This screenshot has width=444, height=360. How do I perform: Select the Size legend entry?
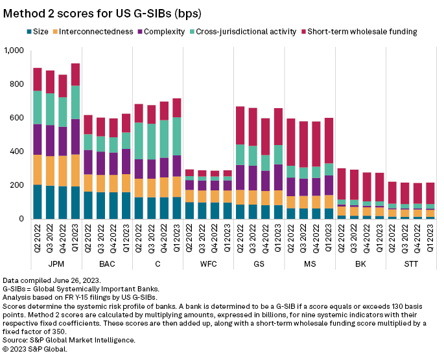click(x=40, y=32)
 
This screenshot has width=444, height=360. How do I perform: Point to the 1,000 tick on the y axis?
click(x=13, y=51)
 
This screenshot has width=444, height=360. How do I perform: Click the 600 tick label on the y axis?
click(x=16, y=118)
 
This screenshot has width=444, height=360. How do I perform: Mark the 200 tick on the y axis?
click(x=16, y=186)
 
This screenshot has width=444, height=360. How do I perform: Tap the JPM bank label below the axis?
click(x=56, y=264)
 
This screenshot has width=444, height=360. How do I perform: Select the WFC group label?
click(x=209, y=264)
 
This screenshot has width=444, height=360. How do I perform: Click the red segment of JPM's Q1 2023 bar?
click(x=75, y=74)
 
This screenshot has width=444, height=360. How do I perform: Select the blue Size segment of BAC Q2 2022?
click(x=88, y=205)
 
